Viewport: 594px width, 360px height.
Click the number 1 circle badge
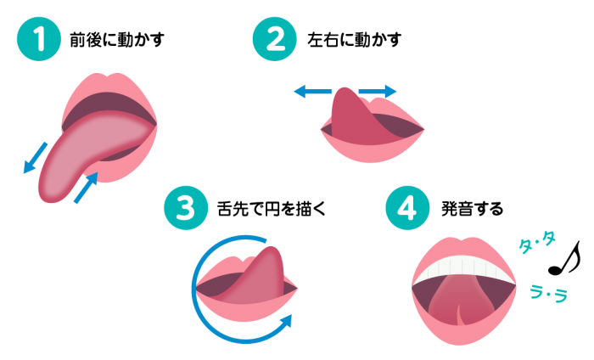coord(39,39)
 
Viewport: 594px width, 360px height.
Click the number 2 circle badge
coord(275,39)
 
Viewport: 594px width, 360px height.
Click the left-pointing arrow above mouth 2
coord(311,92)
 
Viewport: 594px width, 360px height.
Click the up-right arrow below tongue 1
coord(86,188)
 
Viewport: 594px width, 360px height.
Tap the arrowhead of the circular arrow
coord(286,321)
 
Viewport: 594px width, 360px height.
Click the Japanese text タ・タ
coord(536,244)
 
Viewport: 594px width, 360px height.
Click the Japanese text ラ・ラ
coord(548,293)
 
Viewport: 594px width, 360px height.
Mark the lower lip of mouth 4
coord(463,335)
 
